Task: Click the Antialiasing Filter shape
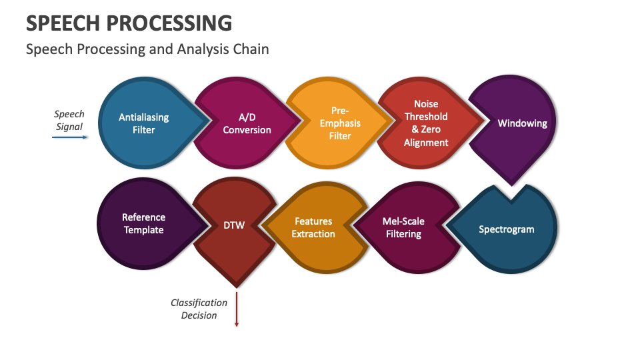[x=144, y=123]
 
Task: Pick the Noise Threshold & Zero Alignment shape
[x=426, y=123]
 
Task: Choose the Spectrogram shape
[x=507, y=229]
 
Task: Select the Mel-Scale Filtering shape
[x=403, y=228]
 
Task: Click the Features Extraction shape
[x=313, y=228]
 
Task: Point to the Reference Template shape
[x=144, y=223]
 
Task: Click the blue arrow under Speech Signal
[x=69, y=137]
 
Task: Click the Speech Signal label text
[x=69, y=121]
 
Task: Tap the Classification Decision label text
[x=199, y=309]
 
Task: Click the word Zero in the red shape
[x=436, y=129]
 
